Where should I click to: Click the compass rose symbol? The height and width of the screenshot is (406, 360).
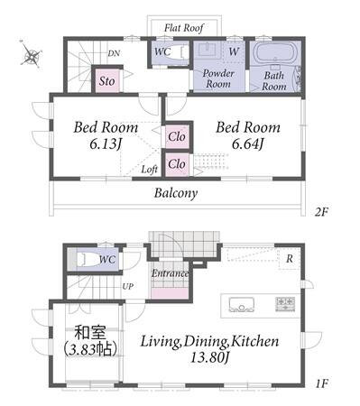pos(31,54)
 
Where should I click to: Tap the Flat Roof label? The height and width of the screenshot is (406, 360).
pos(184,28)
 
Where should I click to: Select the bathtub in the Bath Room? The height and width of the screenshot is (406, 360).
pos(274,53)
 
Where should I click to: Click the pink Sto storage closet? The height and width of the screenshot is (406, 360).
pos(107,81)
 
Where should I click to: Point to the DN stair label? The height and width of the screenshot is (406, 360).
pos(114,53)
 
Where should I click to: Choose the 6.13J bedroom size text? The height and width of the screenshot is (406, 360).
pos(106,144)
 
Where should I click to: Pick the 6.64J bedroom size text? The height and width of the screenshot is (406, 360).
pos(247,144)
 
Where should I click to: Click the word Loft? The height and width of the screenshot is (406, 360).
pos(150,170)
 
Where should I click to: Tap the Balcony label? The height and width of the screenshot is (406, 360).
pos(176,193)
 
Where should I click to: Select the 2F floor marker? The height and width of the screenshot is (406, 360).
pos(321,212)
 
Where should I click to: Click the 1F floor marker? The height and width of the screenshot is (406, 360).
pos(321,383)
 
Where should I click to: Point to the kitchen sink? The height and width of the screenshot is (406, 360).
pos(241,305)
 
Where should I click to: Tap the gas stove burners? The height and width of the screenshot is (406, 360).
pos(285,304)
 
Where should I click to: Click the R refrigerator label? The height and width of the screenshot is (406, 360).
pos(290,258)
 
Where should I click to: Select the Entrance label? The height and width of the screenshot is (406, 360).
pos(170,273)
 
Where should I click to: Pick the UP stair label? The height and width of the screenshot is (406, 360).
pos(127,286)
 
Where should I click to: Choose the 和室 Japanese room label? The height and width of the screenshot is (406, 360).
pos(90,333)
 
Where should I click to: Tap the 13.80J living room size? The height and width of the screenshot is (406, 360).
pos(210,358)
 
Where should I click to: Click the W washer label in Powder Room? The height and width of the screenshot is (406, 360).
pos(234,51)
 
